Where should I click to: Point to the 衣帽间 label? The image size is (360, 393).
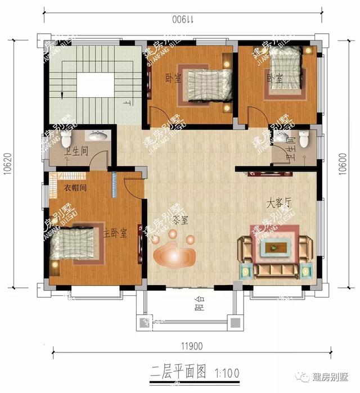coord(74,188)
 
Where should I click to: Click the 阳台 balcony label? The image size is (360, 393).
coord(198,307)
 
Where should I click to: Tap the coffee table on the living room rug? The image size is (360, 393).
coord(274,246)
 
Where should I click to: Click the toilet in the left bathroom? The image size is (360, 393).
coord(66,140)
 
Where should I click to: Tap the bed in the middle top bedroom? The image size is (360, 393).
coord(201,85)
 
